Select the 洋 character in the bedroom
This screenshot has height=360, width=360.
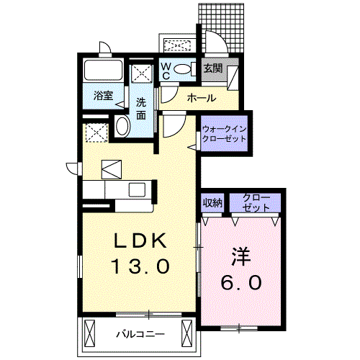click(x=241, y=256)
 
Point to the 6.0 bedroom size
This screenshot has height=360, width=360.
click(x=242, y=282)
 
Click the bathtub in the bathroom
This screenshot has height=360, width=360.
click(x=104, y=71)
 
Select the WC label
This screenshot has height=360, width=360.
click(x=165, y=70)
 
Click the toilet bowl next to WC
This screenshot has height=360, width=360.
click(x=183, y=69)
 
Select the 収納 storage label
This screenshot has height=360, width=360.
click(x=212, y=202)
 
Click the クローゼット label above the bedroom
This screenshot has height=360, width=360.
click(x=256, y=202)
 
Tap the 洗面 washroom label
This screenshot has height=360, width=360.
click(x=141, y=107)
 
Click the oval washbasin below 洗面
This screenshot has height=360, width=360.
click(x=122, y=127)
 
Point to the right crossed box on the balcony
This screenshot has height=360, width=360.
click(x=187, y=334)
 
